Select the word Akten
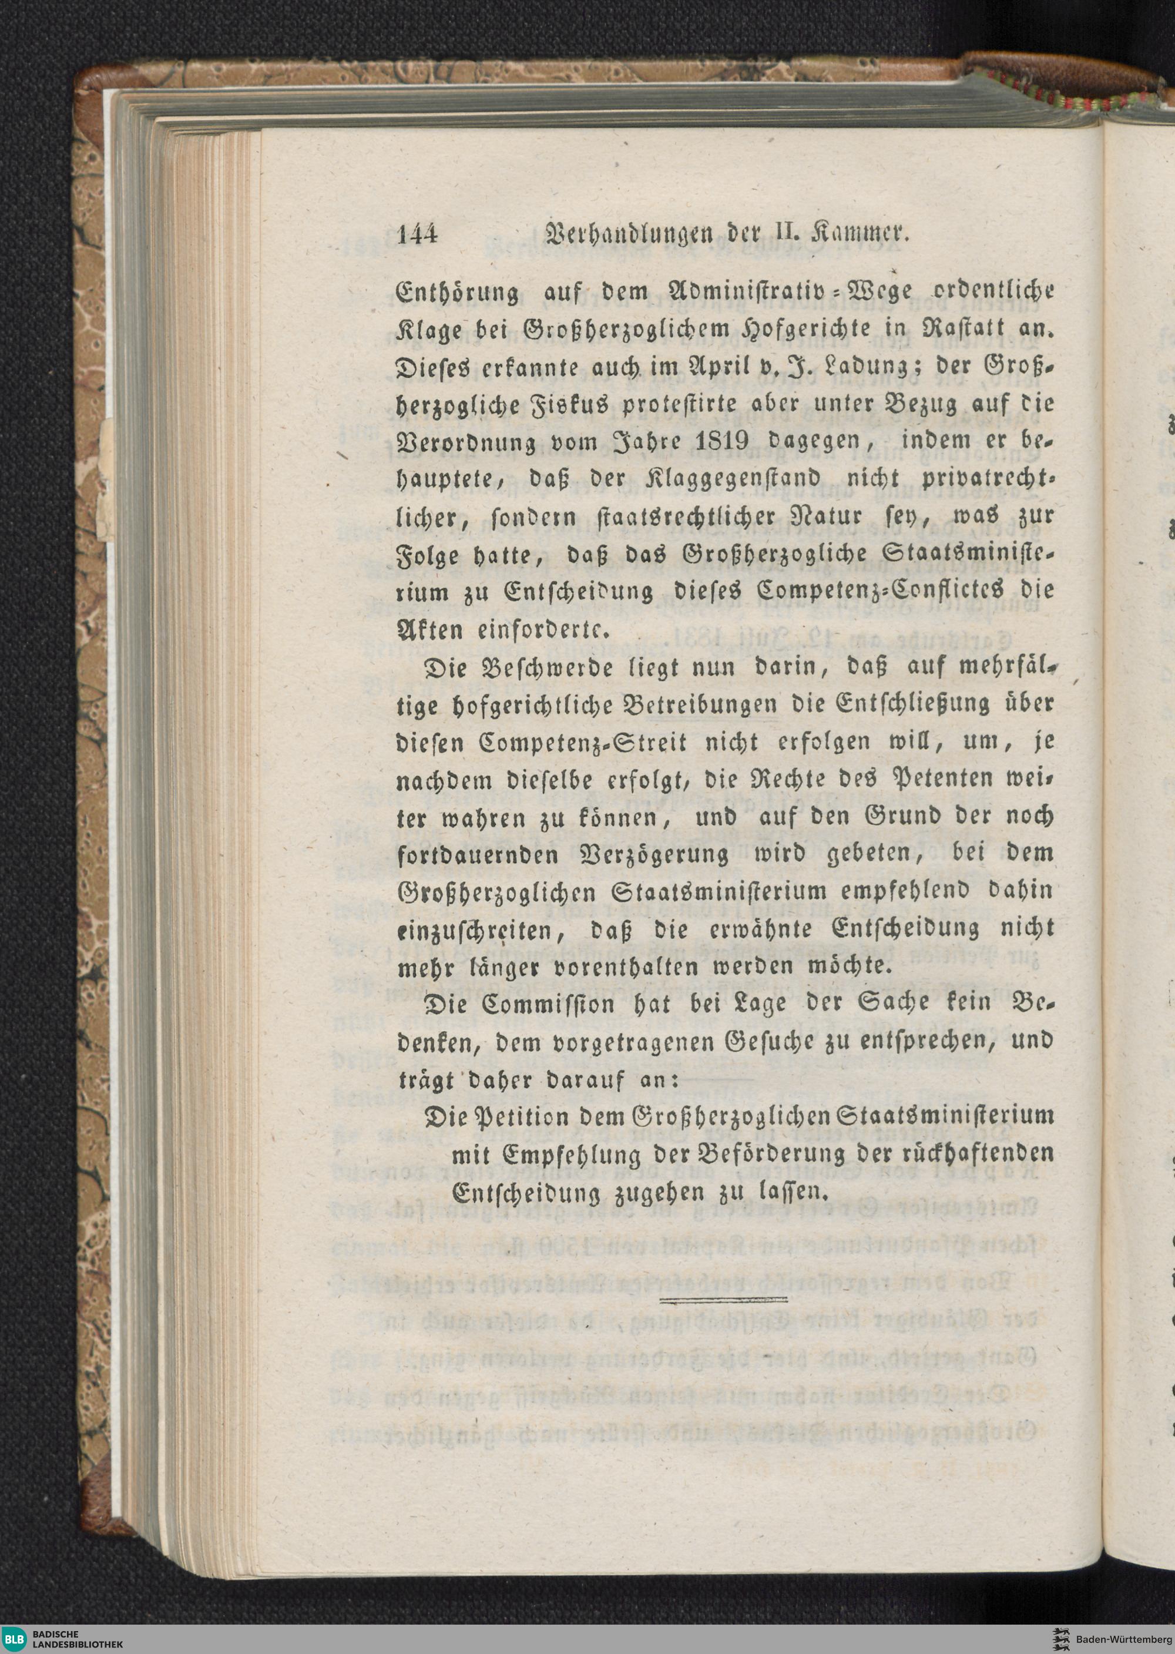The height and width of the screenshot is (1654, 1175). (430, 628)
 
